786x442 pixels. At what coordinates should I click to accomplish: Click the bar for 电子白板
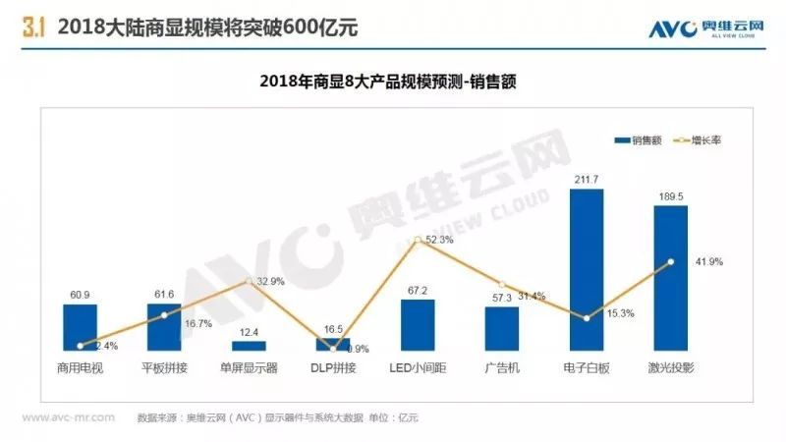coord(586,270)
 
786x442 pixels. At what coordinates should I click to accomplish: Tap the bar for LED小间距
coord(418,325)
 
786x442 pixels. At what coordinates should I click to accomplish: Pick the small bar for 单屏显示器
coord(249,346)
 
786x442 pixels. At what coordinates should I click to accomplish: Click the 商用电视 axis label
coord(81,368)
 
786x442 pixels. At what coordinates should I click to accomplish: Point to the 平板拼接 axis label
coord(164,368)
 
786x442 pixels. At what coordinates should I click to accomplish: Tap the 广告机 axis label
coord(501,368)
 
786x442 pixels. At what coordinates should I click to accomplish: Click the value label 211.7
coord(586,179)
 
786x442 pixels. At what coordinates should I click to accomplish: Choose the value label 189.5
coord(670,196)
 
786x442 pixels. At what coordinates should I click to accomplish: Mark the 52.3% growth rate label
coord(438,240)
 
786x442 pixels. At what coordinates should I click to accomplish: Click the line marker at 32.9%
coord(249,281)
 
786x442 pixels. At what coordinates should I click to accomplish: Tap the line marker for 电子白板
coord(586,318)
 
